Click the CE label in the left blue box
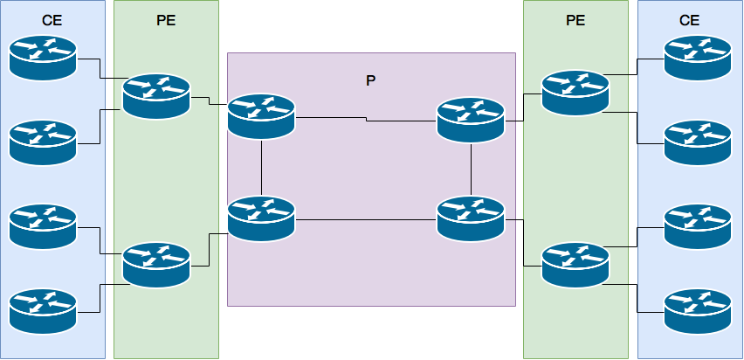click(52, 20)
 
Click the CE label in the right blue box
click(690, 20)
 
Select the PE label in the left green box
click(166, 20)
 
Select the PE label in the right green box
click(575, 20)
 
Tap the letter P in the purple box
click(371, 80)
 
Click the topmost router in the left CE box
click(43, 57)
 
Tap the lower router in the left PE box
click(156, 265)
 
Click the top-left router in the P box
click(261, 115)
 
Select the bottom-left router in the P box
click(261, 218)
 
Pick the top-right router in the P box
click(471, 120)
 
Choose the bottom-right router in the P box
click(471, 218)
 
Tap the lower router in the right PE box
click(575, 265)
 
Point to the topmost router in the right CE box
click(698, 57)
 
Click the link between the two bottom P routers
click(367, 220)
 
